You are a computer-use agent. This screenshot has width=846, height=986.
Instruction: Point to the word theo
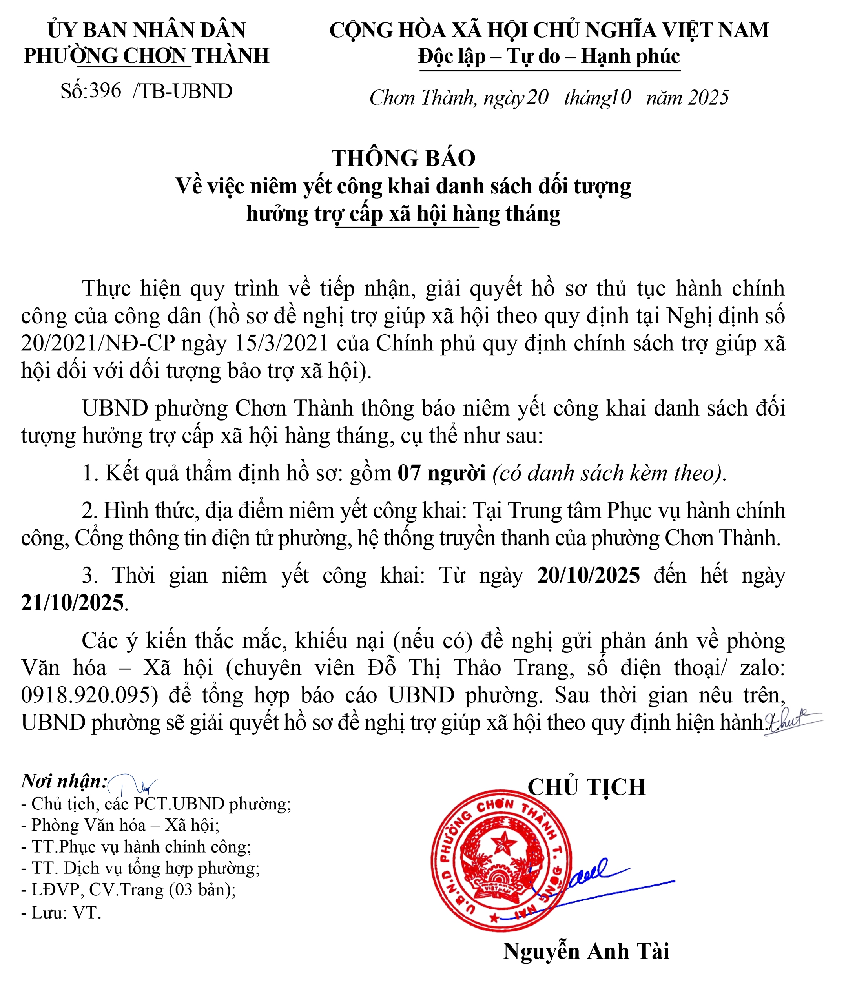517,317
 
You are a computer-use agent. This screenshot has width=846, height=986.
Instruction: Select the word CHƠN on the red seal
494,807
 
